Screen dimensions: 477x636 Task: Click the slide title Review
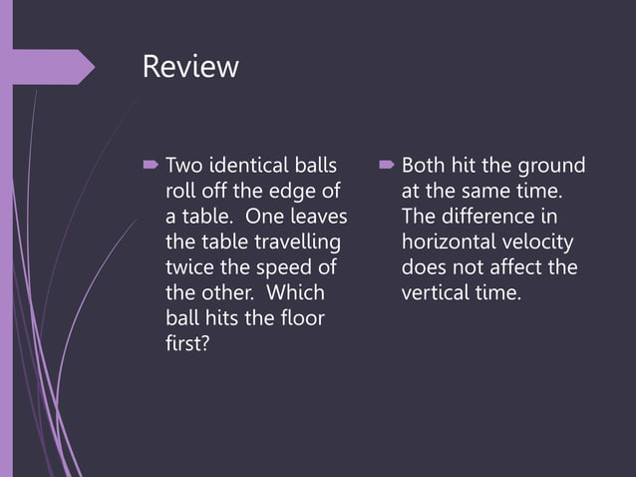click(190, 68)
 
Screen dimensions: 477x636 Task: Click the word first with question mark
click(187, 345)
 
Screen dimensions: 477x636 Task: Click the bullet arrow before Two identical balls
click(151, 164)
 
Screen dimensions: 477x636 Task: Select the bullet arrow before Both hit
click(387, 164)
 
